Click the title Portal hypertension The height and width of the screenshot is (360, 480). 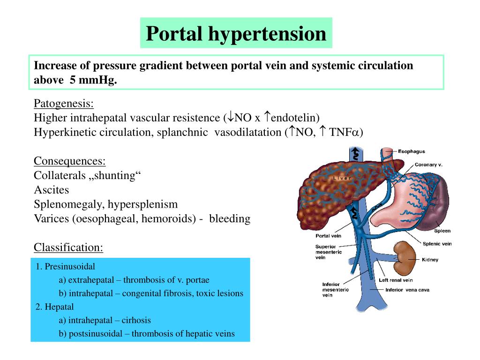click(236, 33)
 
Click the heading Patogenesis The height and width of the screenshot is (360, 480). click(64, 103)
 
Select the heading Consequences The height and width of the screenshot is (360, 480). click(70, 161)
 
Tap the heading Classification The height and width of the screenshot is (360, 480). click(68, 247)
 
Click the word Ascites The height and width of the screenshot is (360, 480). click(51, 190)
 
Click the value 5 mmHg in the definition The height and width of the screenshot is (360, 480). click(93, 80)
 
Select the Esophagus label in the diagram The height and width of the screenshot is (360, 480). click(411, 151)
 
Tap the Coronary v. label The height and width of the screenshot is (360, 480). click(428, 165)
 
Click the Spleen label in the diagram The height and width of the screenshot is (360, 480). click(442, 231)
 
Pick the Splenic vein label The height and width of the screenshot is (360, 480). click(437, 244)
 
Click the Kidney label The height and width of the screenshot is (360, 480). click(430, 259)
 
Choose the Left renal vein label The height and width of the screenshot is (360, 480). click(396, 280)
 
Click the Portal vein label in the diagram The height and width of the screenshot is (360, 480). click(328, 236)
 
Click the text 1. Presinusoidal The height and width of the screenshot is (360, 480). click(65, 267)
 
